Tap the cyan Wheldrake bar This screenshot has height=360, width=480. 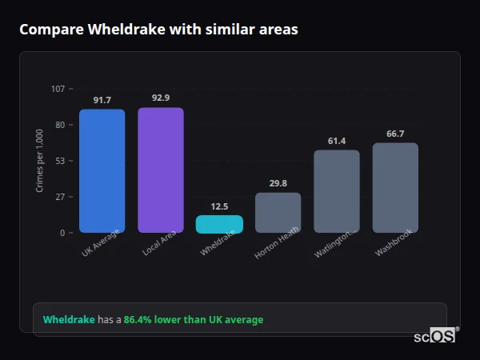coord(219,224)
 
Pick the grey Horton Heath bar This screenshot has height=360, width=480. coord(278,212)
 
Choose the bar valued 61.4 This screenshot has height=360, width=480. coord(337,191)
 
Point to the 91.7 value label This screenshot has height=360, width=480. coord(102,100)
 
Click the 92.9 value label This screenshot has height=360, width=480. coord(161,98)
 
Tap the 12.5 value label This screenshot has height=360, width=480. coord(219,206)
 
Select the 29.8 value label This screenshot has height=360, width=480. coord(278,183)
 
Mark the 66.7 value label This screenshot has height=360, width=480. coord(395,134)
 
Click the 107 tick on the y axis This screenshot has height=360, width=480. coord(58,89)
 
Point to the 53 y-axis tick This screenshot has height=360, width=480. coord(60,161)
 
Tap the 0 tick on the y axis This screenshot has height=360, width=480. coord(62,233)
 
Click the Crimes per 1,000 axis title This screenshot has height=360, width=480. coord(39,161)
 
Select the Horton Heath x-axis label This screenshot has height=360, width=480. coord(277,245)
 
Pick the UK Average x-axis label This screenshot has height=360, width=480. coord(101,243)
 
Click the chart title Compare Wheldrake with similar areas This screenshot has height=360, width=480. coord(158,30)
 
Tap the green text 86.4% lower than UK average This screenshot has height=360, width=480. coord(193,320)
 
